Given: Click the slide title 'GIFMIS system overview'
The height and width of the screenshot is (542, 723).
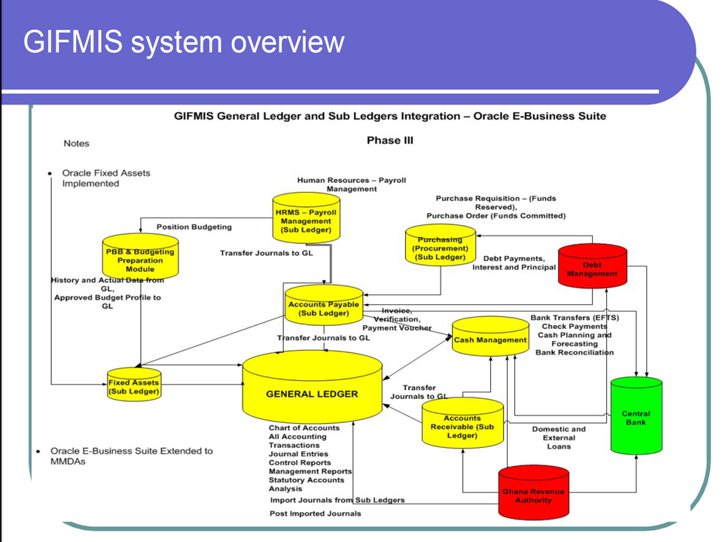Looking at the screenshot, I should [x=183, y=42].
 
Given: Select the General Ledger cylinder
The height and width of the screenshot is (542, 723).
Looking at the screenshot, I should [x=312, y=393].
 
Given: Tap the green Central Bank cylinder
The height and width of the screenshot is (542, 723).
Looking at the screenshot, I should [x=636, y=416].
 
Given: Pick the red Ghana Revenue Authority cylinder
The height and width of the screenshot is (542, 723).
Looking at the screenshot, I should [x=533, y=494].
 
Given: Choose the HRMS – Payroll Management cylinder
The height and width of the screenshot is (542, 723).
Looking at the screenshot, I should [x=306, y=220].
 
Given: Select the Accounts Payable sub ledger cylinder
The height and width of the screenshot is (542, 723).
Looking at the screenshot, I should [x=324, y=307].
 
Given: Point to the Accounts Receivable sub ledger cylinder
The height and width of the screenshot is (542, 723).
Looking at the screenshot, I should [x=462, y=426].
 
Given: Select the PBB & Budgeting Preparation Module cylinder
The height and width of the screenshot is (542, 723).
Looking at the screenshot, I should [x=140, y=260].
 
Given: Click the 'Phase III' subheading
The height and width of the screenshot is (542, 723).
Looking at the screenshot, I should [x=389, y=140].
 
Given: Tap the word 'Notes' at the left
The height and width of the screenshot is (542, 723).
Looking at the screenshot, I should [x=76, y=143].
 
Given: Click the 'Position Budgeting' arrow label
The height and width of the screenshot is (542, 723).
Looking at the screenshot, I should [x=194, y=227].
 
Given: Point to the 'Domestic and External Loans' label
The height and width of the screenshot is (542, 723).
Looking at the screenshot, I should [x=558, y=437].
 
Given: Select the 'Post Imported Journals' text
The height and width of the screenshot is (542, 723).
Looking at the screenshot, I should [x=315, y=513].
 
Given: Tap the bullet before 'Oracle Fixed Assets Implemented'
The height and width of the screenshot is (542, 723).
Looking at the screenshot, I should [x=50, y=173].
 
